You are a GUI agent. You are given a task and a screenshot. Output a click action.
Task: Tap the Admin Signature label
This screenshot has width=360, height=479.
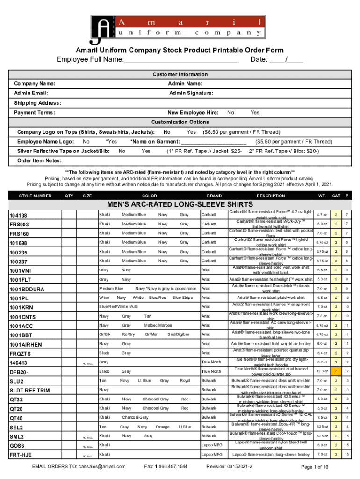click(191, 93)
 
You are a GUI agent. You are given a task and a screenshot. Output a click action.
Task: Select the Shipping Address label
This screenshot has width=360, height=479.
click(37, 103)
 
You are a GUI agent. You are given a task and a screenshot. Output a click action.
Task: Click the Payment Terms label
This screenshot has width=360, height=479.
click(35, 113)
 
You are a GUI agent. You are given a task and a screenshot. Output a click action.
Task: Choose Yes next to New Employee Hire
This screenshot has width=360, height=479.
click(255, 113)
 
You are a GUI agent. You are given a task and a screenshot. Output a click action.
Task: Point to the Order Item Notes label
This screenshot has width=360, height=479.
click(39, 160)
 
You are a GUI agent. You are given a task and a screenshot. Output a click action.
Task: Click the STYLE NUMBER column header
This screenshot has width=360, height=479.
click(35, 196)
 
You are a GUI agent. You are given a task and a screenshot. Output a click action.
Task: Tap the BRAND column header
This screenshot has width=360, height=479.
click(214, 196)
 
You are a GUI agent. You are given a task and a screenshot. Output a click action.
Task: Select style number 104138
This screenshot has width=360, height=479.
click(19, 215)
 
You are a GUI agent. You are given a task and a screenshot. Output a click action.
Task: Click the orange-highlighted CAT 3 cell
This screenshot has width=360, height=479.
click(335, 371)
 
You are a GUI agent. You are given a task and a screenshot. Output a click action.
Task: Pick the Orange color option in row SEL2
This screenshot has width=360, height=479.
click(162, 427)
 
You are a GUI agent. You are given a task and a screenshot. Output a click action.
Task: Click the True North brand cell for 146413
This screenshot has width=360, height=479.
click(211, 362)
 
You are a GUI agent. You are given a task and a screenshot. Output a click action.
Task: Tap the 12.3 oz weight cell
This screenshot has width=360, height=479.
click(321, 371)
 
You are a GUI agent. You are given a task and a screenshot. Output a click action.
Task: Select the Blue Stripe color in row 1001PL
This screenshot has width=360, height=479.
click(182, 298)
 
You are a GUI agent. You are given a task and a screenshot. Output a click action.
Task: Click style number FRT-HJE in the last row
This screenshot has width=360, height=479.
click(21, 455)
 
